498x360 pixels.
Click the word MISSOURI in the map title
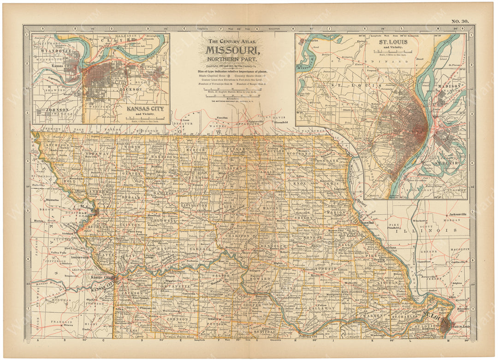click(232, 50)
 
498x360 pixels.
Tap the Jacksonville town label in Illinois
click(452, 215)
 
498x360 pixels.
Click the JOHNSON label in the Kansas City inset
click(57, 110)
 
